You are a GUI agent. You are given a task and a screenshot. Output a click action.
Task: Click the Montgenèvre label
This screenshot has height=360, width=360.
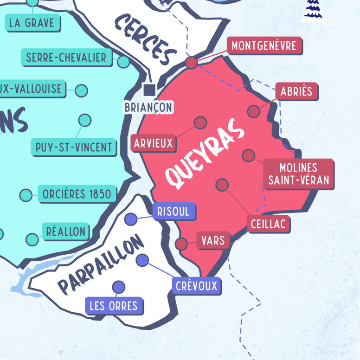coord(264,46)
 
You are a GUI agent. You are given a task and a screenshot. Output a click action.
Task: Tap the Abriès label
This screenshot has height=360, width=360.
coord(296,91)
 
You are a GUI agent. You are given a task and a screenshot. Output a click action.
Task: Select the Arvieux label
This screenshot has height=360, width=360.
coord(153,143)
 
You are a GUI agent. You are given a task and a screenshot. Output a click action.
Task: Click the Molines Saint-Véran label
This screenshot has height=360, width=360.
coord(298,174)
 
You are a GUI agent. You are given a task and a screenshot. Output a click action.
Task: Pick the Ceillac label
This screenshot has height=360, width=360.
coord(268,224)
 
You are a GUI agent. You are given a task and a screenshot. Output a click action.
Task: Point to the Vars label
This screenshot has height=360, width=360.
coord(213,241)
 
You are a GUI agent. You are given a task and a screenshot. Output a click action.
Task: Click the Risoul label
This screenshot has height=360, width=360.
coord(173,212)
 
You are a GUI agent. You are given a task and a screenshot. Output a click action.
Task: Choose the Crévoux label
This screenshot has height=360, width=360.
coord(196,286)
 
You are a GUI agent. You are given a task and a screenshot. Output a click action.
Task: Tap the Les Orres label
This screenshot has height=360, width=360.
coord(114,306)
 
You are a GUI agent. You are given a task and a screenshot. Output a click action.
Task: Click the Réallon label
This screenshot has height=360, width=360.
coord(65,231)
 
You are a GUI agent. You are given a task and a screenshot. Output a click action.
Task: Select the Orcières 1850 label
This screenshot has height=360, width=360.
coord(77,194)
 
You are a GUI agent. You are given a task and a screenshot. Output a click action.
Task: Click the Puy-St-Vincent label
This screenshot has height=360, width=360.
coord(74,147)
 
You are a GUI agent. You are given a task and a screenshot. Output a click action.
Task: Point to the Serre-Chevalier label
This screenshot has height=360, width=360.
coord(66,58)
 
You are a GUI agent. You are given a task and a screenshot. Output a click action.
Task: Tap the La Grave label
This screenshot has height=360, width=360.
coord(32,23)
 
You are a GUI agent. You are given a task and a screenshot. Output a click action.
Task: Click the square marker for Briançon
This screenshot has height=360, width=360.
coord(149,90)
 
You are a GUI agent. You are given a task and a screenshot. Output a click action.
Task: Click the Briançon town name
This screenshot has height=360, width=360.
coord(148,108)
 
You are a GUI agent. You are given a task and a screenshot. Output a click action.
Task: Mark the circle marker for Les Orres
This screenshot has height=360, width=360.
coord(118,287)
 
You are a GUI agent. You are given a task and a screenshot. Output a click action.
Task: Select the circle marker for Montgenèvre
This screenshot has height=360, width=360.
coord(192,63)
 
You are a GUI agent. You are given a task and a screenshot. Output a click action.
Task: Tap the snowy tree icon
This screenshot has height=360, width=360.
coord(314,11)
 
